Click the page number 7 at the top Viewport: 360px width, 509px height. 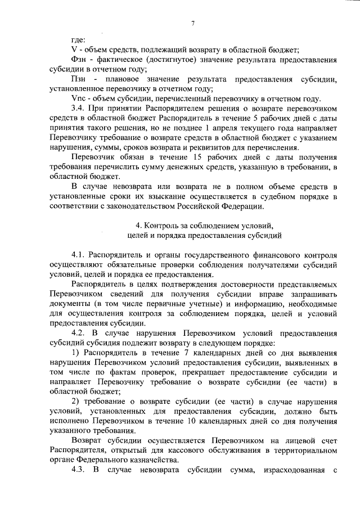pos(192,24)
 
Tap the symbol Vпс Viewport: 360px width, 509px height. pos(80,98)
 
